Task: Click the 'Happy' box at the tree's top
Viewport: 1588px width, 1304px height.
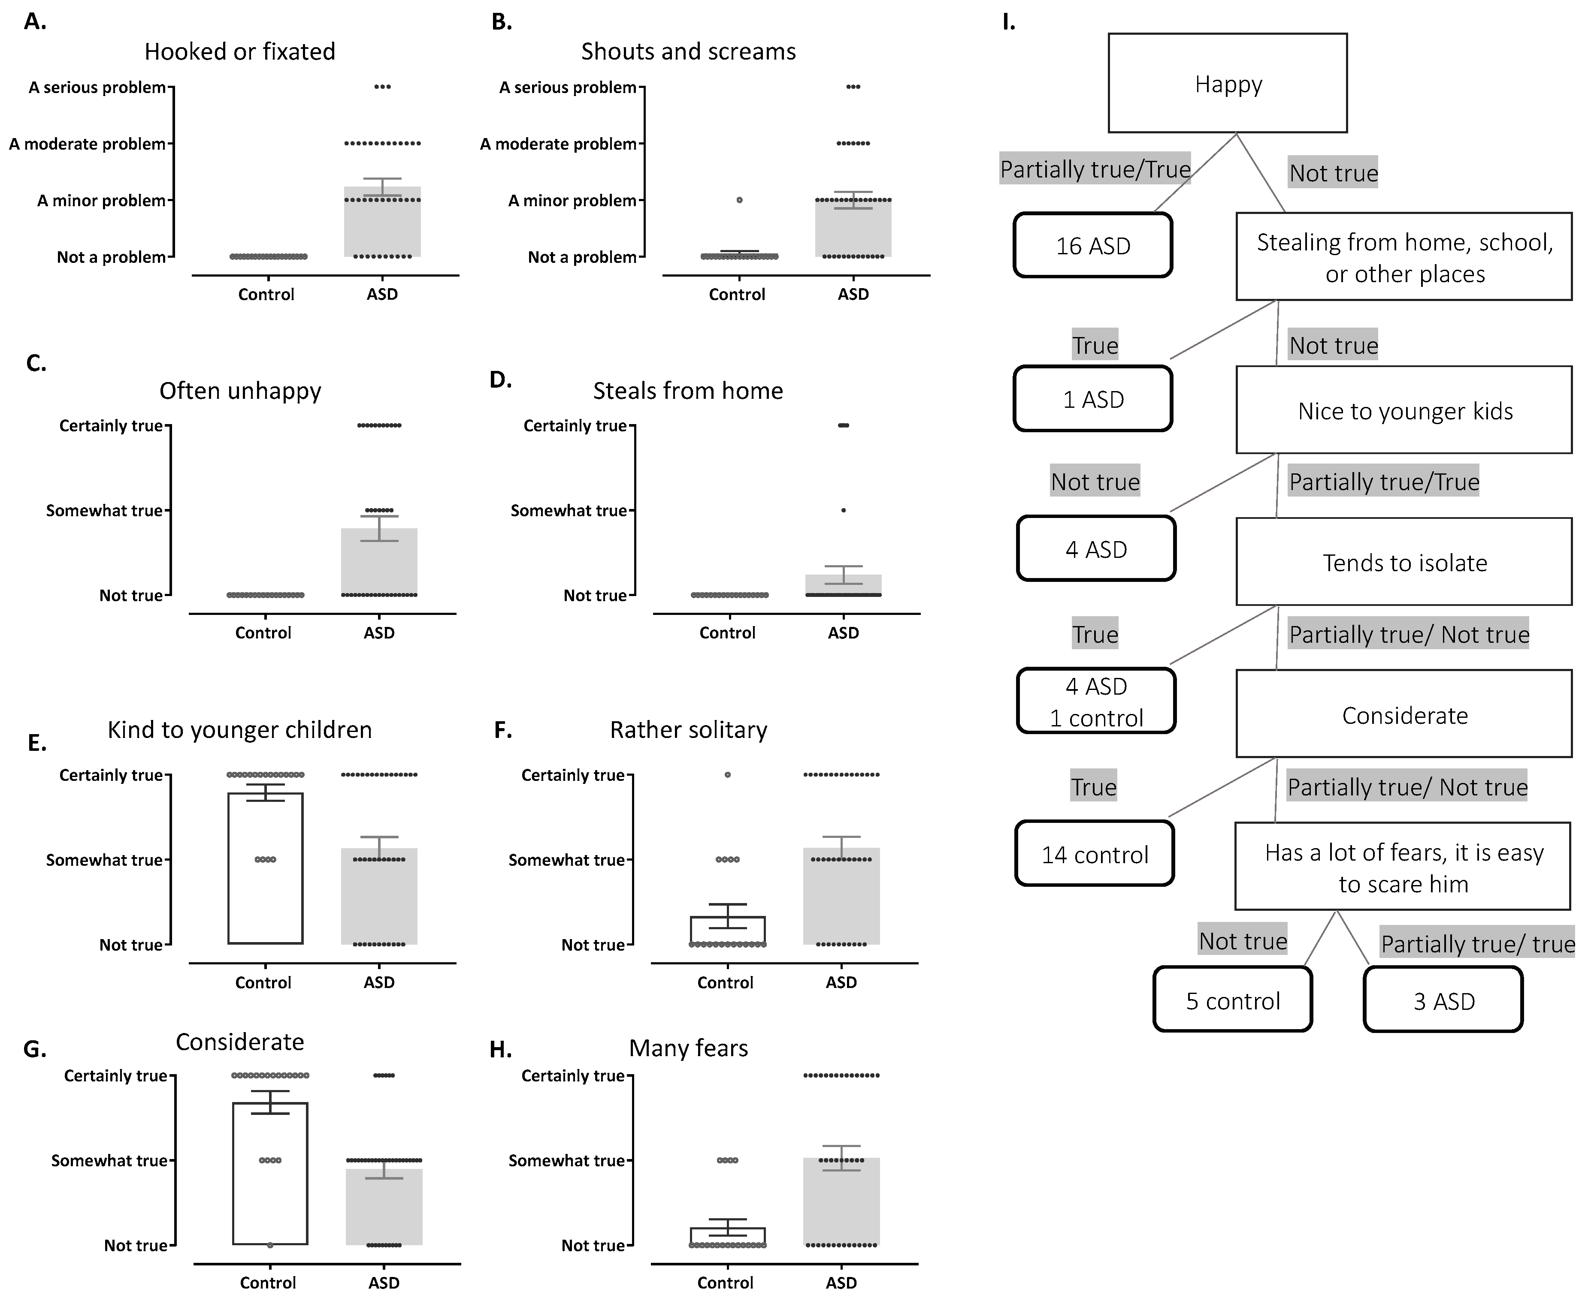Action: (1227, 83)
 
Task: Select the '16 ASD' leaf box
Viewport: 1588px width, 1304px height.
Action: (1093, 246)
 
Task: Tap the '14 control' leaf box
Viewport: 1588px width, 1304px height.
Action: (1094, 854)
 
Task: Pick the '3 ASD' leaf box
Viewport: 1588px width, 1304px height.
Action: (1443, 1000)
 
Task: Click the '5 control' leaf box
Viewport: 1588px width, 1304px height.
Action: (1233, 1000)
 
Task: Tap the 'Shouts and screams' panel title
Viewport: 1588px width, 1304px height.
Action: (688, 51)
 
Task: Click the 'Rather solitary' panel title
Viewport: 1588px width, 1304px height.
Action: (688, 729)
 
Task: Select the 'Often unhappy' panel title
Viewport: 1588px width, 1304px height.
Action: (240, 391)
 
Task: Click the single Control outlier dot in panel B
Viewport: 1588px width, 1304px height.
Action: (740, 200)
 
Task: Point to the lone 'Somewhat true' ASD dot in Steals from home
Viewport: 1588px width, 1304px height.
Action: (843, 510)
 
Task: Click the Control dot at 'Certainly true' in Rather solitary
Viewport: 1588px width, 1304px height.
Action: (727, 774)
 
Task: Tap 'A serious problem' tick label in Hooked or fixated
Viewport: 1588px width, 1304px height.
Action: (97, 87)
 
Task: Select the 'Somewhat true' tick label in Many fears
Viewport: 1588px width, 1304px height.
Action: (566, 1160)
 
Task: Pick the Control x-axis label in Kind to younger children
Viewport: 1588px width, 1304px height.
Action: (263, 982)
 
